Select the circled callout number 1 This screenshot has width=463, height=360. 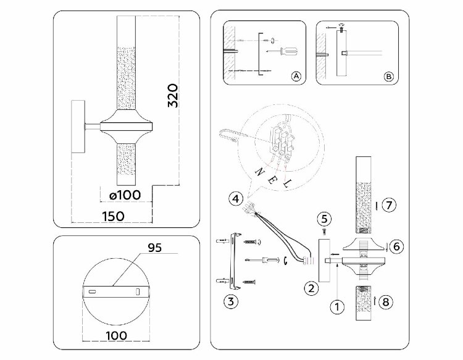tap(337, 305)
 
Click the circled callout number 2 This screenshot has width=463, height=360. tap(312, 287)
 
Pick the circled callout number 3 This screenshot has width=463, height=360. tap(230, 303)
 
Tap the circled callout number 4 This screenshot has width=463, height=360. tap(235, 199)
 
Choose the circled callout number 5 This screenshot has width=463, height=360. tap(325, 218)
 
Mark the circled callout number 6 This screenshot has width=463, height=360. tap(397, 246)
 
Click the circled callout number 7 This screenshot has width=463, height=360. tap(387, 205)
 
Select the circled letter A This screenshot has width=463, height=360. tap(295, 77)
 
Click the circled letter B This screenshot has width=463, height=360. tap(388, 77)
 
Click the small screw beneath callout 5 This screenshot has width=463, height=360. tap(325, 230)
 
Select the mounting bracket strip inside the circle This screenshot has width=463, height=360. tap(115, 290)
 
